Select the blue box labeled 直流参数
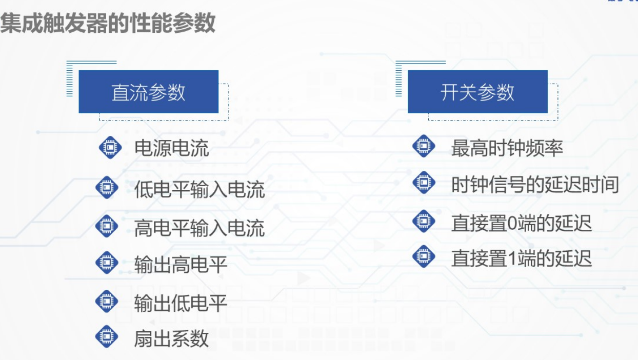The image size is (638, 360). (148, 92)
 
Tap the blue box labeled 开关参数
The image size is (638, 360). (477, 92)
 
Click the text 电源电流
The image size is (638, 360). (171, 149)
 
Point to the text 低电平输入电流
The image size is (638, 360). (200, 189)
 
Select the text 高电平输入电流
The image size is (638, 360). (200, 227)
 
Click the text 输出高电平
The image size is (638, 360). (181, 265)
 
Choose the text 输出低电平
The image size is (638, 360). (181, 303)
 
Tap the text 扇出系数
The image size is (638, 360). (171, 338)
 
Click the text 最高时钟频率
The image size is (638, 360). (507, 148)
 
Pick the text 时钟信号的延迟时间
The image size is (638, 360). (535, 185)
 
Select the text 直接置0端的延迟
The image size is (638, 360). (522, 223)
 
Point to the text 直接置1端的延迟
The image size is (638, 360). (522, 258)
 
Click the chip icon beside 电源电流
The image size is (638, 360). (110, 148)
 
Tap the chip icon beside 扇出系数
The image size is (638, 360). (107, 337)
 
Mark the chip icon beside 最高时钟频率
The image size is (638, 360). (424, 147)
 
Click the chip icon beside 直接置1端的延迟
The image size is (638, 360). (424, 256)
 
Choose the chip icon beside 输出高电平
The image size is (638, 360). (107, 263)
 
